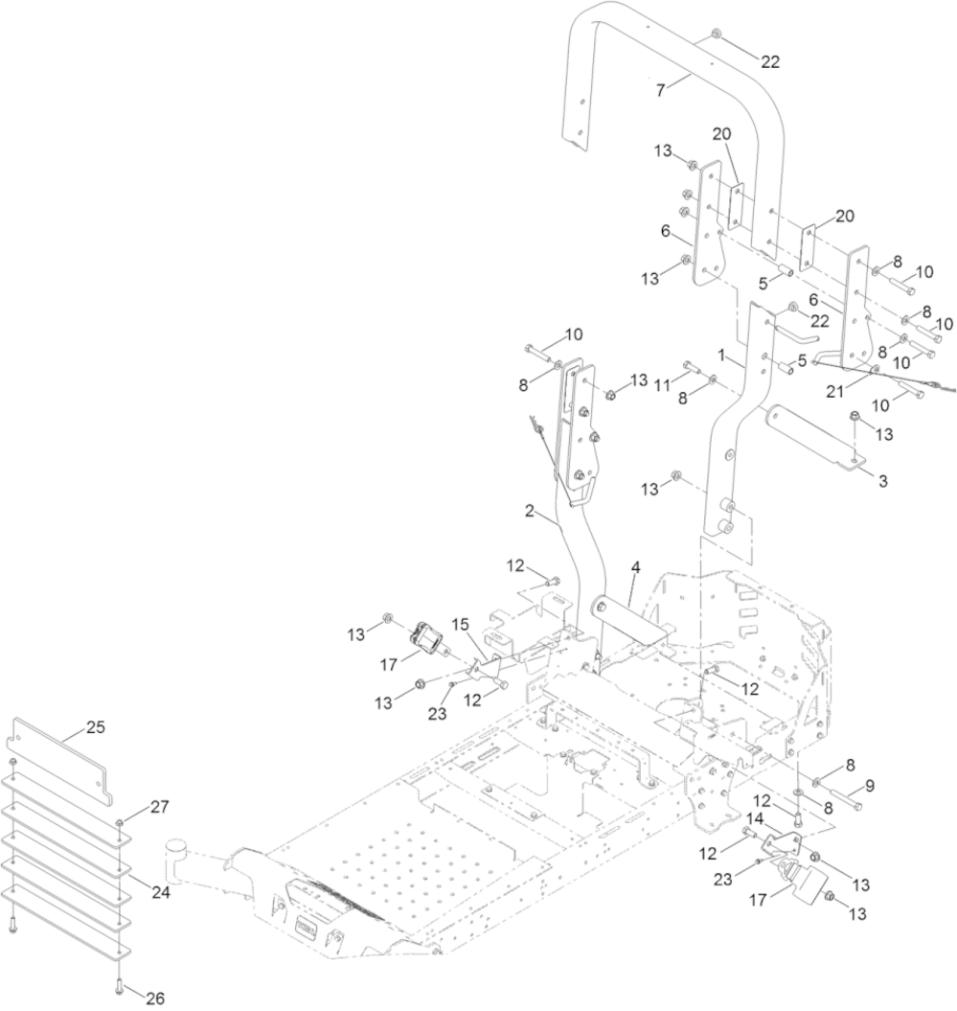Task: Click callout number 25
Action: (95, 726)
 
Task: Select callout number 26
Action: (154, 998)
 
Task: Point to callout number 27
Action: (159, 806)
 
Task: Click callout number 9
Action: (869, 786)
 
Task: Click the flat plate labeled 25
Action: (57, 762)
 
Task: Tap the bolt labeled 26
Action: (117, 981)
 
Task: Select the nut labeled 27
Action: (121, 822)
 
